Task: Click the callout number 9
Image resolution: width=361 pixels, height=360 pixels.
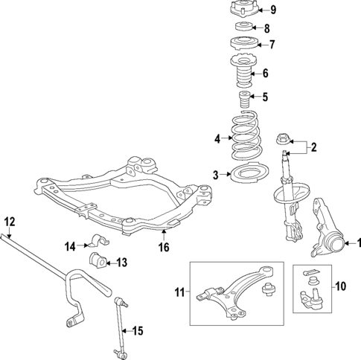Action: point(273,10)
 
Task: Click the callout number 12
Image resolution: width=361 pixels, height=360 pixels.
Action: point(9,221)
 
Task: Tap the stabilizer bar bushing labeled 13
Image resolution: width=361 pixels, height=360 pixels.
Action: point(98,260)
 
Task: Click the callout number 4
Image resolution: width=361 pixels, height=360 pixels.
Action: point(217,139)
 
